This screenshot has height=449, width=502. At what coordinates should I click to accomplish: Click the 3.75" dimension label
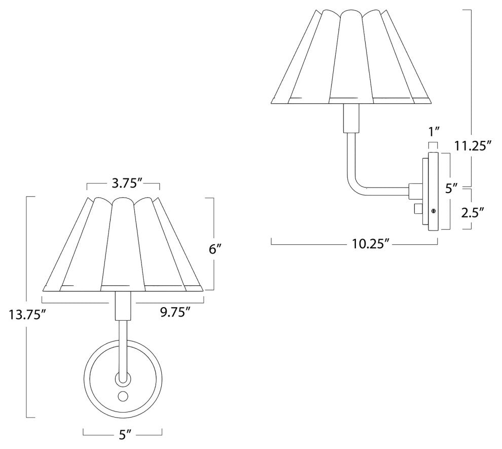coord(123,184)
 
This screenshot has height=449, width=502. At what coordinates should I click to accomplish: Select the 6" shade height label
coord(216,249)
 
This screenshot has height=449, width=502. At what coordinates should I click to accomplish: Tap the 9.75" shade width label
coord(175,311)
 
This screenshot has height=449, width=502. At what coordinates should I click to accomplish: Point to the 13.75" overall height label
coord(28,315)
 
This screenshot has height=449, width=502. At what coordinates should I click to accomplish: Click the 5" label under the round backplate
coord(123,434)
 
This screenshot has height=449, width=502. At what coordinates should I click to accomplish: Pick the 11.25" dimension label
coord(474,147)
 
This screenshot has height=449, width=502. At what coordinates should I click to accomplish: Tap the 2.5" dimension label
coord(472,212)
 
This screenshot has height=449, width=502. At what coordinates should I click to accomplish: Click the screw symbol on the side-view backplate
coord(434,210)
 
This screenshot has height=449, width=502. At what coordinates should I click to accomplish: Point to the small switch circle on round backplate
coord(123,395)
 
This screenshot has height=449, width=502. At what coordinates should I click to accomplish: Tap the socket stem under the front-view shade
coord(122,306)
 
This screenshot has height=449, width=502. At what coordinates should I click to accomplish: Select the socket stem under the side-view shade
coord(349,118)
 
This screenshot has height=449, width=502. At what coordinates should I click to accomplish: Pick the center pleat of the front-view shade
coord(122,243)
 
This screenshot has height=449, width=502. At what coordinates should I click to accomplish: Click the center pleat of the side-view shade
coord(350,56)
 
